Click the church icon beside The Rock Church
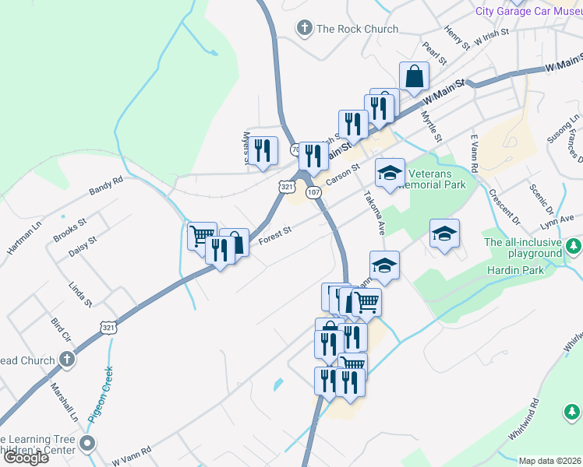(x=304, y=29)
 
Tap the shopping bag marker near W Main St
(x=414, y=77)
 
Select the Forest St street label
(x=274, y=234)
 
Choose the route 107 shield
(x=313, y=192)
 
